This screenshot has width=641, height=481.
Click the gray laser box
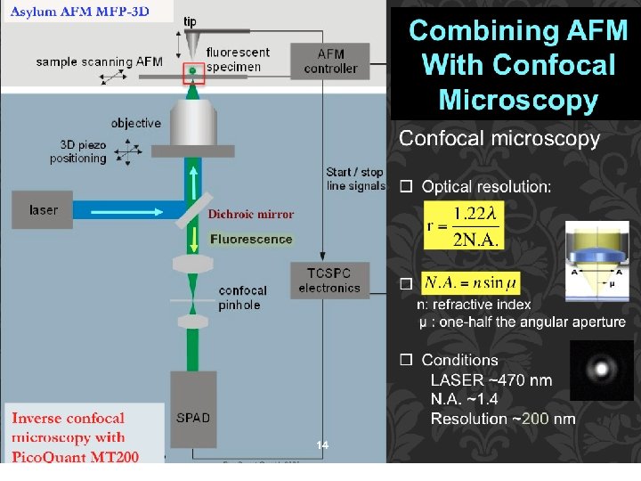click(x=43, y=210)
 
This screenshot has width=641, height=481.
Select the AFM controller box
click(x=330, y=61)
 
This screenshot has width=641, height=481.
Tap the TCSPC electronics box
click(x=329, y=281)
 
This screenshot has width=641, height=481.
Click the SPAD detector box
click(x=193, y=417)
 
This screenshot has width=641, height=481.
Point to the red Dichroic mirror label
click(x=250, y=214)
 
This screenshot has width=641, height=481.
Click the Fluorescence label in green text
click(x=251, y=239)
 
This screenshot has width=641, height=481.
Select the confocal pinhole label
click(x=242, y=298)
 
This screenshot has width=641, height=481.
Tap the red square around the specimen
click(x=193, y=71)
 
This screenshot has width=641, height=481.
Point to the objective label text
click(x=136, y=123)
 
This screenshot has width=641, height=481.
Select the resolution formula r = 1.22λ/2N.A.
click(x=464, y=226)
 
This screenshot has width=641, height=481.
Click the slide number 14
click(x=322, y=444)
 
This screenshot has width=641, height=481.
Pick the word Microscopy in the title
click(x=517, y=99)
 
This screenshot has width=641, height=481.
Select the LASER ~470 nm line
click(x=491, y=380)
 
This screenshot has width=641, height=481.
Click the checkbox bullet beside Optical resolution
click(x=406, y=187)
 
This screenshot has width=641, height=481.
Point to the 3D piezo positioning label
click(x=84, y=151)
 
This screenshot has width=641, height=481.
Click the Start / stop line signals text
click(x=355, y=179)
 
